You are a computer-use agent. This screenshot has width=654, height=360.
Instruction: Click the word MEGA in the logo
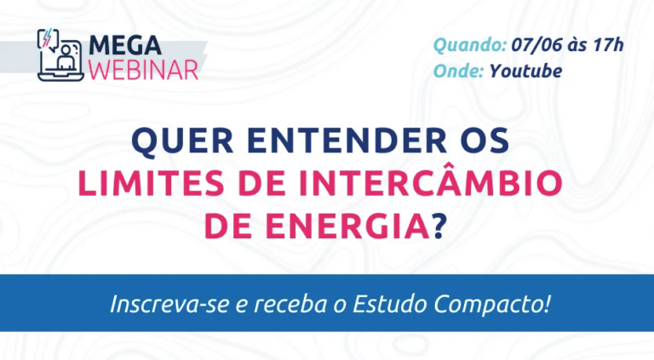tap(125, 45)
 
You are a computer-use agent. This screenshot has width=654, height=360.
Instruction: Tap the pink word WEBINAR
tap(143, 70)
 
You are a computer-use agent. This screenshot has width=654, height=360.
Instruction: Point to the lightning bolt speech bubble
tap(48, 39)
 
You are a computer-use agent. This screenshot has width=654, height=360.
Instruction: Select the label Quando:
tap(470, 45)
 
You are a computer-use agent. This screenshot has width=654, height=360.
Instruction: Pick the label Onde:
tap(458, 71)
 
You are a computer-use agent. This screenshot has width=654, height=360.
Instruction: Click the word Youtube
tap(525, 71)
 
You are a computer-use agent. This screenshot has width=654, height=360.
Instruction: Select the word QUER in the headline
tap(182, 141)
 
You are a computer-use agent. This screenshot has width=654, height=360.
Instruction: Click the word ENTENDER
tap(347, 140)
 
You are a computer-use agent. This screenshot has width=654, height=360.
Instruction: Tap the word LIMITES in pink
tap(152, 183)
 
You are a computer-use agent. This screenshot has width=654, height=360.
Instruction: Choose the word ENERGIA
tap(347, 226)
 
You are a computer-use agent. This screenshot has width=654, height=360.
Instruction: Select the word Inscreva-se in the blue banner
tap(169, 304)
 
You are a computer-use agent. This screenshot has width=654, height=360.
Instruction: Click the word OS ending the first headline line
tap(485, 140)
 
